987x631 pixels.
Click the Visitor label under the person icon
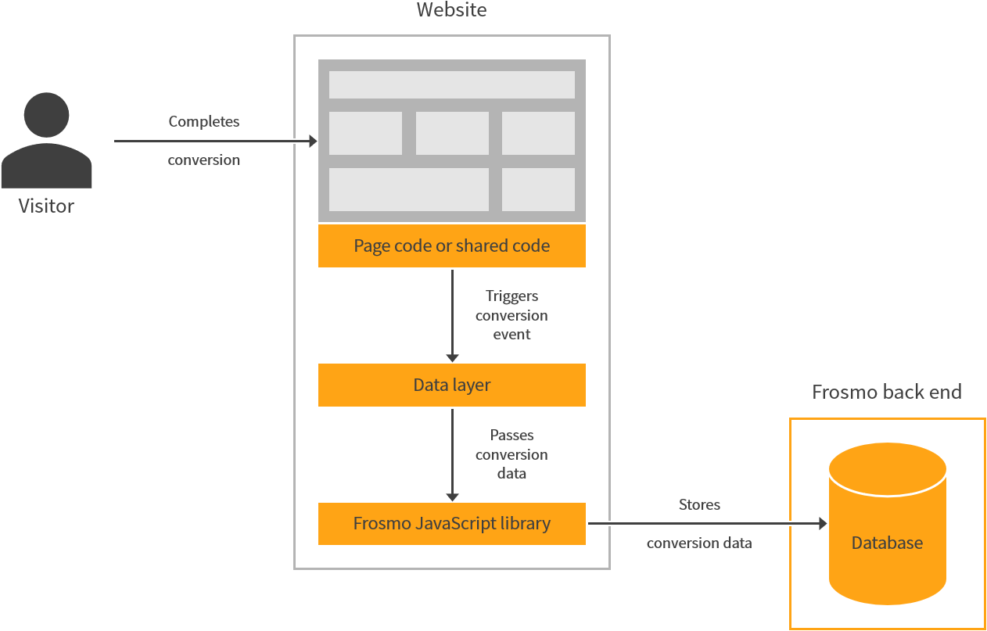pos(46,206)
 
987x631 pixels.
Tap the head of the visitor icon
pos(46,114)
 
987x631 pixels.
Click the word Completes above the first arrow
pos(204,121)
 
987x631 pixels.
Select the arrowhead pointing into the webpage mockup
pos(313,142)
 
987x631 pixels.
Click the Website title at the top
pos(451,10)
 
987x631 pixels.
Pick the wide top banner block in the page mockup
pos(451,84)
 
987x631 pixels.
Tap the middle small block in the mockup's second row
pos(452,133)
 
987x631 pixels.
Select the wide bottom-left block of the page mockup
pos(408,189)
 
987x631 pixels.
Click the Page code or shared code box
pos(451,246)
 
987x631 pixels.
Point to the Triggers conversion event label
pos(511,315)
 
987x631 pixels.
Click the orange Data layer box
pos(451,385)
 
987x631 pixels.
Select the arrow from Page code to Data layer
pos(452,313)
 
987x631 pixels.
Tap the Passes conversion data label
pos(511,454)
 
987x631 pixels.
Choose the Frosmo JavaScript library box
pos(451,523)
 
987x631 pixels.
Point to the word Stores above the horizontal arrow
pos(699,505)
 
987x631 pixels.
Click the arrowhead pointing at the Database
pos(822,524)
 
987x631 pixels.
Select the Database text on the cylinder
pos(887,543)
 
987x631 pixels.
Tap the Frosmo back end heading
pos(886,392)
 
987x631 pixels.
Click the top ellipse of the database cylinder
pos(887,468)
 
